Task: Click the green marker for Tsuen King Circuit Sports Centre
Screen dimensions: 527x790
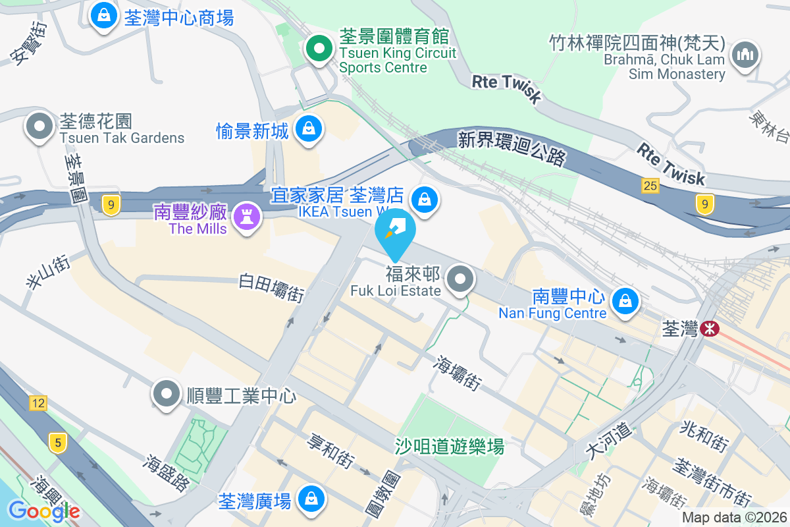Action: coord(319,49)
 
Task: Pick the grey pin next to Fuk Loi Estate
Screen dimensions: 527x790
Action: coord(460,279)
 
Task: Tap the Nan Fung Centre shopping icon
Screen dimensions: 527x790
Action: coord(623,301)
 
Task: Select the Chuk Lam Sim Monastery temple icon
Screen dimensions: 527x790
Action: coord(745,55)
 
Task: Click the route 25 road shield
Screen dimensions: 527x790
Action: coord(650,186)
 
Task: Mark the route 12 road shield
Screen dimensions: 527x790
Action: coord(38,402)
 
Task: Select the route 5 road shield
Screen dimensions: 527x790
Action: coord(59,443)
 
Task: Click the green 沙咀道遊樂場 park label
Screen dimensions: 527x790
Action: coord(450,447)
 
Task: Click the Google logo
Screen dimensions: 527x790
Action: coord(44,511)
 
